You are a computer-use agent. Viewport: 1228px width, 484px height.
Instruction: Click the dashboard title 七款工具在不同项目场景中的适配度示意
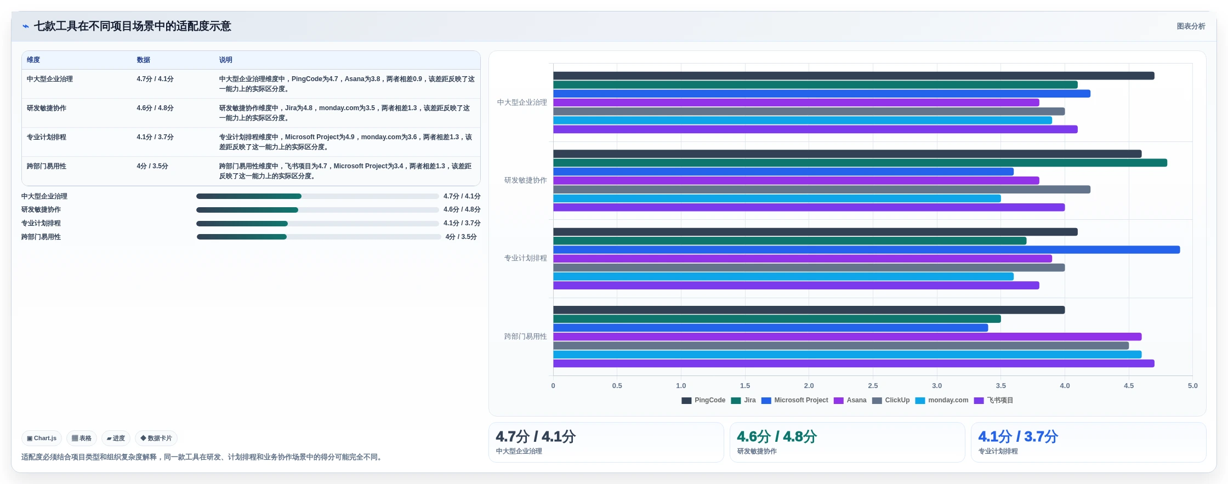click(x=132, y=26)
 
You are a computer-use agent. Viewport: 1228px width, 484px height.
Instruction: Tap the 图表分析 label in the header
click(x=1191, y=26)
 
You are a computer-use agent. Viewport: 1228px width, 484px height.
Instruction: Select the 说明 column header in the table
click(x=226, y=60)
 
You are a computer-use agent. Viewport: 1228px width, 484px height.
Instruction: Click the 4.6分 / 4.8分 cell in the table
click(x=155, y=108)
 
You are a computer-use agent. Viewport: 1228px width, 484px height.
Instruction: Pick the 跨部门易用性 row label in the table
click(x=47, y=166)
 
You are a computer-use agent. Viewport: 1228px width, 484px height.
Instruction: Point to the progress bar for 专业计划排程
click(x=317, y=224)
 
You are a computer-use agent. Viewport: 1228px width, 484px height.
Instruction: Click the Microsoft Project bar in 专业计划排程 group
click(x=866, y=250)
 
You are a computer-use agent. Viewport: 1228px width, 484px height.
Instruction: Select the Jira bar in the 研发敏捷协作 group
click(x=860, y=163)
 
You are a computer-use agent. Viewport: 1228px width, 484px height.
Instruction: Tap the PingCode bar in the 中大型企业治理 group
click(x=854, y=76)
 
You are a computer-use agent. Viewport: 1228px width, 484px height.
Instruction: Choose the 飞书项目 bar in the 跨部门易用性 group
click(x=854, y=363)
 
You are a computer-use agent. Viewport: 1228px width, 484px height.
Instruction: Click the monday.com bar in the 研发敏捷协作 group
click(x=777, y=198)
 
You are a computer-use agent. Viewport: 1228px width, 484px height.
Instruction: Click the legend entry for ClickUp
click(x=891, y=400)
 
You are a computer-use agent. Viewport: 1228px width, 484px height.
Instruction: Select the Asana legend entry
click(x=850, y=400)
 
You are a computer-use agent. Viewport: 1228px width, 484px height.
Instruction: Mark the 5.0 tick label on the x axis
click(x=1192, y=386)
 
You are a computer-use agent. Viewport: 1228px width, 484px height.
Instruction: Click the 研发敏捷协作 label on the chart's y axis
click(x=525, y=180)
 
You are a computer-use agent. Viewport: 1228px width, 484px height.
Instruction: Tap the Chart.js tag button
click(x=42, y=439)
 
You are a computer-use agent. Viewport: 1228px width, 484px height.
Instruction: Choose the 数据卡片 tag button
click(x=156, y=439)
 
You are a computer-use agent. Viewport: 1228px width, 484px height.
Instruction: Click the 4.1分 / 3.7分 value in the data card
click(x=1018, y=437)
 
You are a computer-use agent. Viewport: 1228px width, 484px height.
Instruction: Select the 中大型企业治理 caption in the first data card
click(x=519, y=451)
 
